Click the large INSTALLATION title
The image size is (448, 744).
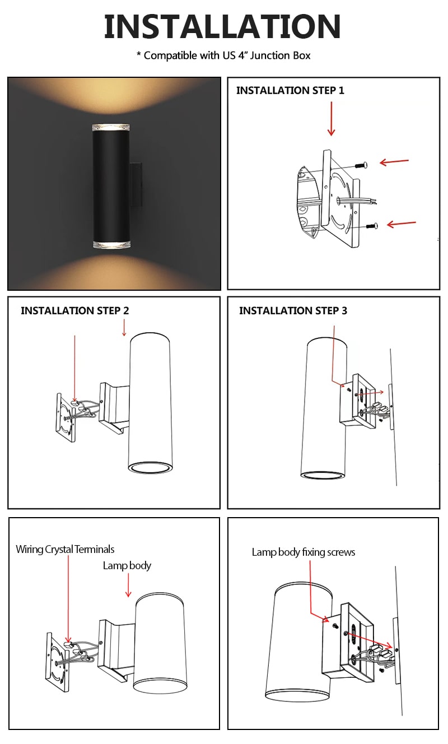(222, 26)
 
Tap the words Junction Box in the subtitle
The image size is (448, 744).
(280, 55)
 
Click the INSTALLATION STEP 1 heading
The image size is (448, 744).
(290, 90)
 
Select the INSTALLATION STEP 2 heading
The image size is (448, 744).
(74, 310)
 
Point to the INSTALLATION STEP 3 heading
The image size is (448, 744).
(293, 310)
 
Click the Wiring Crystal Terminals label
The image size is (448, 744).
(65, 550)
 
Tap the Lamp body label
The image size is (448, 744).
(127, 565)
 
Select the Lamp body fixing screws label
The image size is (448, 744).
(303, 552)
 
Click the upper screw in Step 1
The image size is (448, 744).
(361, 165)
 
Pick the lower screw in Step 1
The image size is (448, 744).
(372, 226)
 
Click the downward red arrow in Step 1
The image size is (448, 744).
(331, 119)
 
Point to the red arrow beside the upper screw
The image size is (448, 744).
(394, 162)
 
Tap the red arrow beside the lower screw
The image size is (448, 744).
(401, 224)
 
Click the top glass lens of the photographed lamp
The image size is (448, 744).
(111, 128)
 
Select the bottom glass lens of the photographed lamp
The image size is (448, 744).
(111, 244)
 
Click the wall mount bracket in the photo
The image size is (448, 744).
(136, 184)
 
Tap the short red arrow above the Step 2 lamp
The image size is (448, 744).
(124, 328)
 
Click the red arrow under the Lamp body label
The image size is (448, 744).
(128, 585)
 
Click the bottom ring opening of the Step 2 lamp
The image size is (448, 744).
(150, 468)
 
